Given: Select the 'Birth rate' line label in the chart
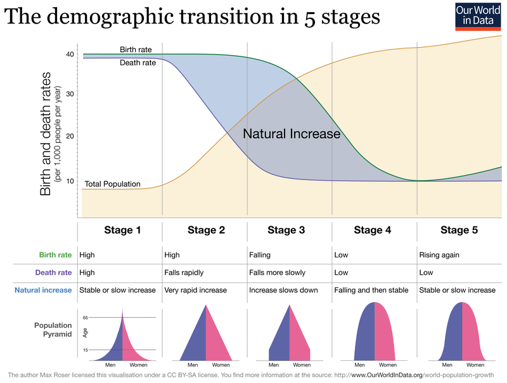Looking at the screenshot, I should pos(136,49).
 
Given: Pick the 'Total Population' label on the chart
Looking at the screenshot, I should pos(112,185).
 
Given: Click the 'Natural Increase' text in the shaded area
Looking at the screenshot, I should pos(292,134).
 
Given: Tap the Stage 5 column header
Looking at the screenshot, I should pos(459,230).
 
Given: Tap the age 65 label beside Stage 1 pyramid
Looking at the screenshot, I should pos(85,317).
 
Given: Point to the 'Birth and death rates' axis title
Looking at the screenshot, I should pos(46,133).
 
